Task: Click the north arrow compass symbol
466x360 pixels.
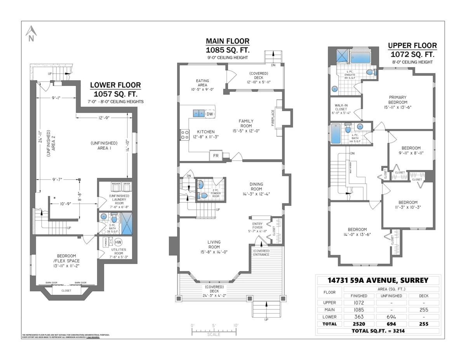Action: coord(31,33)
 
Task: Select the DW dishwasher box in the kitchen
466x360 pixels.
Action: coord(210,114)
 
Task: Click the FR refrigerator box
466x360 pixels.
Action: coord(216,155)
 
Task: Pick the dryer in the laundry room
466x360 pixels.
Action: coord(127,185)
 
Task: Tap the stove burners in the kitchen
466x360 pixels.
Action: coord(184,135)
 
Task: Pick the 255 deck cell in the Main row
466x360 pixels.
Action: coord(424,310)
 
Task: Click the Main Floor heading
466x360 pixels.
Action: coord(228,42)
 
